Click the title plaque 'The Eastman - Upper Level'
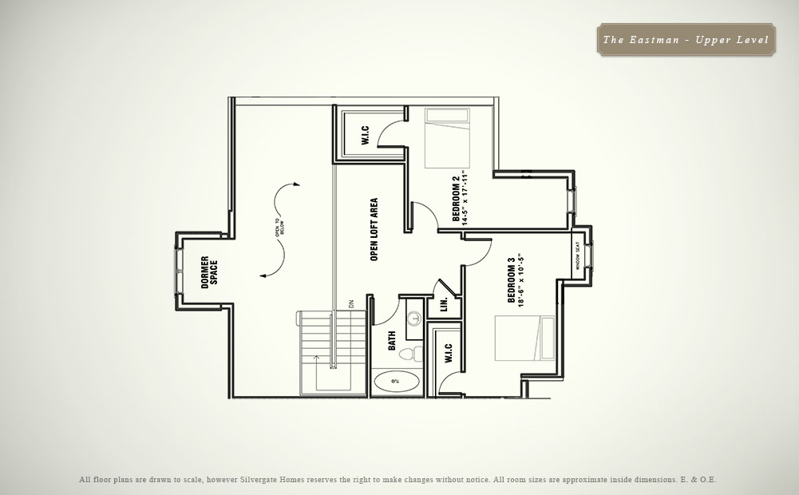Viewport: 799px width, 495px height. click(x=686, y=39)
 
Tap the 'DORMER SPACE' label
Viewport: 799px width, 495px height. click(x=209, y=272)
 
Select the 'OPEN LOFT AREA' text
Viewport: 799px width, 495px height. click(x=374, y=230)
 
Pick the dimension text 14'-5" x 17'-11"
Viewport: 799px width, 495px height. click(x=465, y=199)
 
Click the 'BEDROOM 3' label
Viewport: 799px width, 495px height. click(x=512, y=283)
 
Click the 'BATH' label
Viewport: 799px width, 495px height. click(x=392, y=342)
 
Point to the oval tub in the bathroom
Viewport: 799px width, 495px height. click(x=397, y=382)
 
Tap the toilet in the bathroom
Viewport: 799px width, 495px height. click(x=409, y=352)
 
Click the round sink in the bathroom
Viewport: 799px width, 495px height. click(x=414, y=317)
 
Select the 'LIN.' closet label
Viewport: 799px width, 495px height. click(x=444, y=305)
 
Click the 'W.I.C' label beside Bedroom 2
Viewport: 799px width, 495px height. click(x=364, y=135)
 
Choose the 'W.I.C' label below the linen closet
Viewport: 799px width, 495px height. click(x=448, y=352)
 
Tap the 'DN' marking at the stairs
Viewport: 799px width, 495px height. click(x=350, y=303)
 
